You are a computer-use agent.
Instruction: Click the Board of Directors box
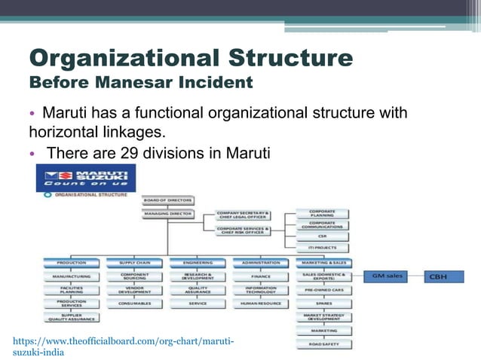167,200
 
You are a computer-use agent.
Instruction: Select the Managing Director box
167,214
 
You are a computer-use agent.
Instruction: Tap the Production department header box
72,263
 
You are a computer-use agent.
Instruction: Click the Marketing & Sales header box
324,263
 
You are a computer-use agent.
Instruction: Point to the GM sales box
389,276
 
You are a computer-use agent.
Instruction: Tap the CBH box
438,276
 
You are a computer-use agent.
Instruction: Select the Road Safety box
324,343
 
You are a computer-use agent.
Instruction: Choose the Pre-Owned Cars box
324,289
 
